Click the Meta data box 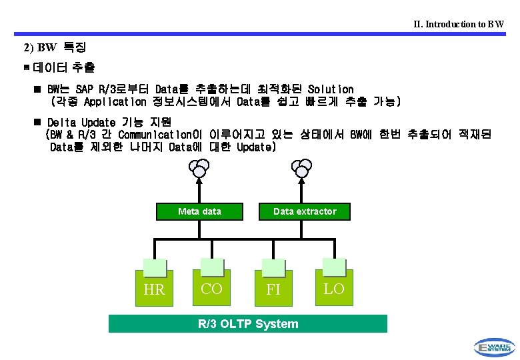click(x=199, y=211)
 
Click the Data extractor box click(x=305, y=211)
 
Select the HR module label click(x=154, y=290)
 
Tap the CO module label click(x=211, y=289)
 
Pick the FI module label click(x=273, y=290)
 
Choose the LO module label click(x=333, y=289)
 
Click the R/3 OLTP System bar click(x=248, y=324)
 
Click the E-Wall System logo click(x=494, y=347)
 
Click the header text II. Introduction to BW click(x=459, y=24)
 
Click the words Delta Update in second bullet click(x=80, y=123)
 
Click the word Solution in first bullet click(x=331, y=89)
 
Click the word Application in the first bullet click(x=115, y=102)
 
